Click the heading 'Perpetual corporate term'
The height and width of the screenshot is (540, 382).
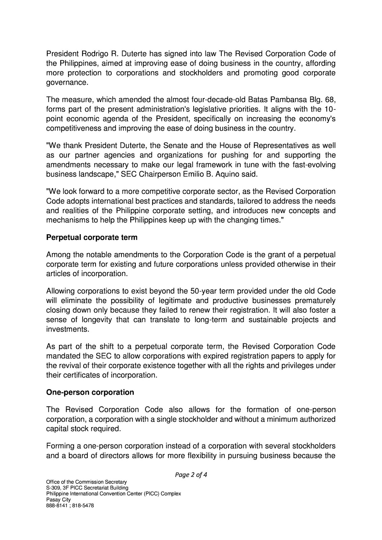click(91, 237)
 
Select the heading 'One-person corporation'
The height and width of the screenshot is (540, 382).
click(90, 392)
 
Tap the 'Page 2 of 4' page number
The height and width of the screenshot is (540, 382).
click(191, 475)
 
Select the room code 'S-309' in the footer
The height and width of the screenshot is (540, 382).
click(53, 488)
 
